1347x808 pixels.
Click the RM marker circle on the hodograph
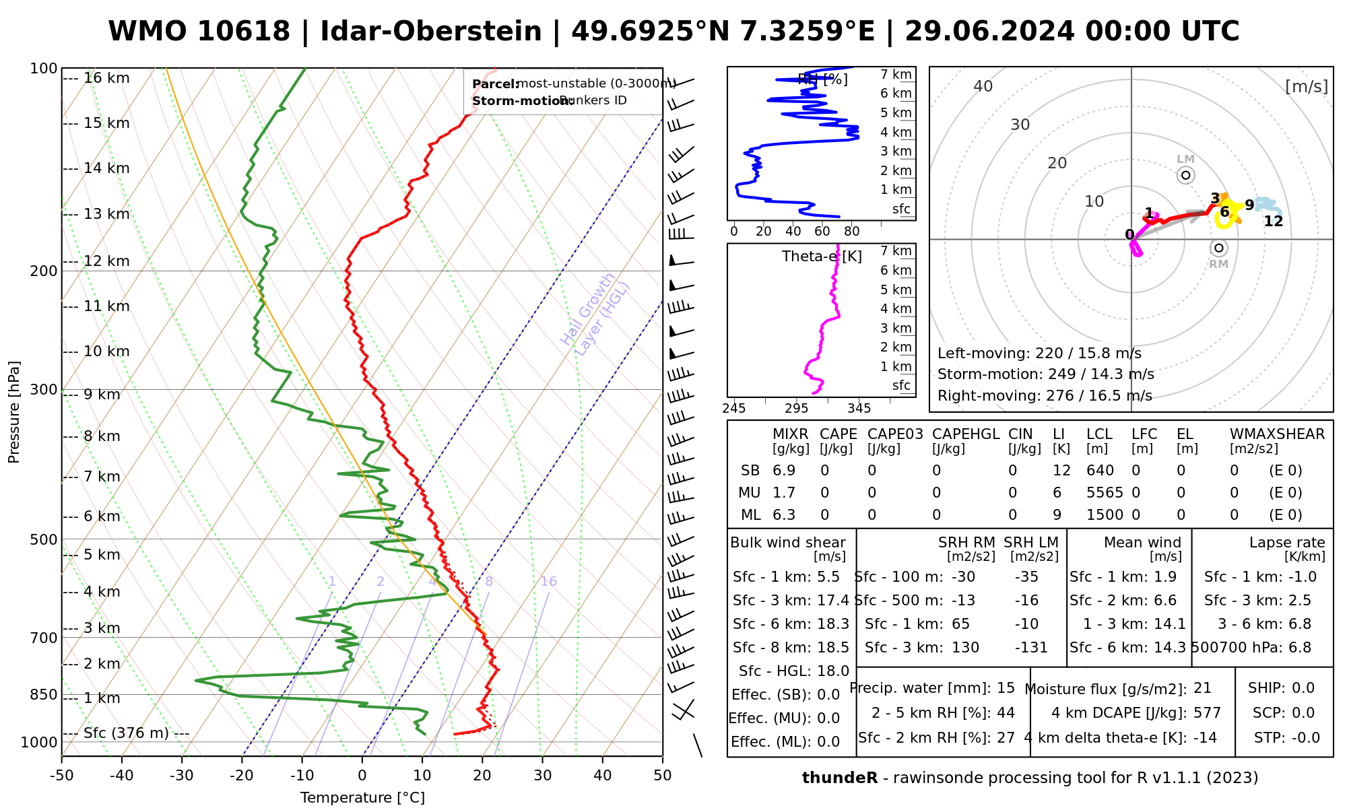pyautogui.click(x=1218, y=248)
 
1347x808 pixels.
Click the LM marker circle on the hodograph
pyautogui.click(x=1185, y=175)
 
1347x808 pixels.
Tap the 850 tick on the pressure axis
pyautogui.click(x=44, y=694)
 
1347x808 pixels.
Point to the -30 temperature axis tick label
pyautogui.click(x=182, y=776)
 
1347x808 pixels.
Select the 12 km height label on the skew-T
pyautogui.click(x=106, y=261)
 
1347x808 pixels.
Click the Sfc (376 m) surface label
pyautogui.click(x=126, y=733)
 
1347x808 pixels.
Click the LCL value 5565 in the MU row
pyautogui.click(x=1105, y=493)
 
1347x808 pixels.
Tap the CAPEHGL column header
pyautogui.click(x=966, y=434)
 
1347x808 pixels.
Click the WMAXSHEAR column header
pyautogui.click(x=1277, y=434)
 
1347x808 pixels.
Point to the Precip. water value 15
pyautogui.click(x=1006, y=688)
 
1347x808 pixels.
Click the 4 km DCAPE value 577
pyautogui.click(x=1207, y=713)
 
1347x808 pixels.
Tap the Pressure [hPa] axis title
pyautogui.click(x=14, y=412)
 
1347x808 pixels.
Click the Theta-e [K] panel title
pyautogui.click(x=822, y=257)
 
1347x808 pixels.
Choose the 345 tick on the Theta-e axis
pyautogui.click(x=859, y=409)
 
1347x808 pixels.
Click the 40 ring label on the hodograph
pyautogui.click(x=983, y=86)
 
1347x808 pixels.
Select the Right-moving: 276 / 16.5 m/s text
pyautogui.click(x=1045, y=396)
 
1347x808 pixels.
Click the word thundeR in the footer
pyautogui.click(x=840, y=778)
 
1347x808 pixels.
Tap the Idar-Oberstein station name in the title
pyautogui.click(x=431, y=32)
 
